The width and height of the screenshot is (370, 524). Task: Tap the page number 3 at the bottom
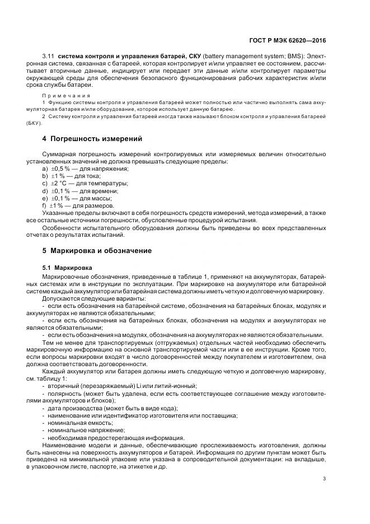324,478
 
